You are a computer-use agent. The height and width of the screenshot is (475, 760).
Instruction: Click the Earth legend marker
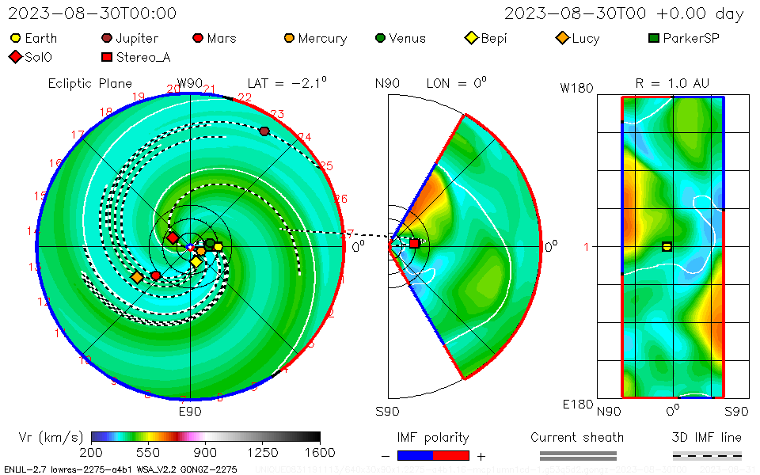pos(15,38)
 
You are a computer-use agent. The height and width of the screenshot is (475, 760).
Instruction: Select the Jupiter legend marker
pos(106,38)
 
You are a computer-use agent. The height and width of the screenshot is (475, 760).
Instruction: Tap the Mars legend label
pos(222,38)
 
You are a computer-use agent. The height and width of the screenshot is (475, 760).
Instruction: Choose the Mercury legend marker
pos(289,38)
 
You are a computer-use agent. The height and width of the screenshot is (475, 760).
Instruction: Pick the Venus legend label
pos(407,38)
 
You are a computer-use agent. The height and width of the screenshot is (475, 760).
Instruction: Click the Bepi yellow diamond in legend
pos(471,38)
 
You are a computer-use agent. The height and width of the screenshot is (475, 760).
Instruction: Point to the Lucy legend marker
pos(562,38)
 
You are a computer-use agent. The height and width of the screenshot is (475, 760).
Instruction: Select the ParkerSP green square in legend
pos(654,38)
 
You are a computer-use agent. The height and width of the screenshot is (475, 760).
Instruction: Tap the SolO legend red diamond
pos(15,57)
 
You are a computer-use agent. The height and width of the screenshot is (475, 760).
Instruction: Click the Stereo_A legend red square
pos(106,57)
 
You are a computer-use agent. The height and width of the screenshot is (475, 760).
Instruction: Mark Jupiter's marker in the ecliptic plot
pos(264,131)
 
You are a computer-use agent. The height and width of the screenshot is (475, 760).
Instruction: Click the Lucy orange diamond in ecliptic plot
pos(137,277)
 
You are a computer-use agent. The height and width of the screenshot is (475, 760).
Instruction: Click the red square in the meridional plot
pos(414,243)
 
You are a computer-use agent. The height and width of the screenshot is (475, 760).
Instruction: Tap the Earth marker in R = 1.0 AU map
pos(667,246)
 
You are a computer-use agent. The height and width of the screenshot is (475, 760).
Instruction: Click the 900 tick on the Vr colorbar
pos(206,437)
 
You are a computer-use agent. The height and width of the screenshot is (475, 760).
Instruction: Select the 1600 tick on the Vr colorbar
pos(320,437)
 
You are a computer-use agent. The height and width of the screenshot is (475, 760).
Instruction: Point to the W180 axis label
pos(576,88)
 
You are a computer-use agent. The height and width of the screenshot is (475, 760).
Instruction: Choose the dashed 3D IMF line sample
pos(707,455)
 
